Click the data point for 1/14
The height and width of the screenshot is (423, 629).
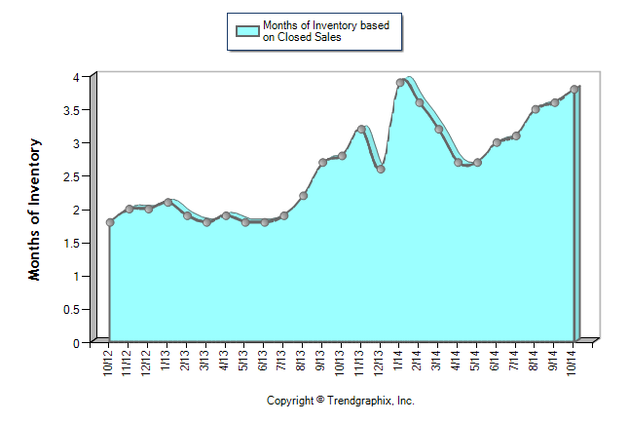400,83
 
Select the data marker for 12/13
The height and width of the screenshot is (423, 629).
381,170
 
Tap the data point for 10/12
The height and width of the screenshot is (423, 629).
110,222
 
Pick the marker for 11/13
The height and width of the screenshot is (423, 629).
361,129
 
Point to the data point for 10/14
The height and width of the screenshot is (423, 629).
574,90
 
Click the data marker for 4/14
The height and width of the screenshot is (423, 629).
459,163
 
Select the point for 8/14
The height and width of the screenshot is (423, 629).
536,109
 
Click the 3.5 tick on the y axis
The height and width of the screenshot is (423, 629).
75,110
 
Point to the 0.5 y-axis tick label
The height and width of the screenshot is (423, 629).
75,310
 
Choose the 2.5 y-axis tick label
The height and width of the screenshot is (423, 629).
75,176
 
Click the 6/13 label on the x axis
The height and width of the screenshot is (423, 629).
264,364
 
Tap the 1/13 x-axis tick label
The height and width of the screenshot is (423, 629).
167,364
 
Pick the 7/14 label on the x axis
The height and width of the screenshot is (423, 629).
515,364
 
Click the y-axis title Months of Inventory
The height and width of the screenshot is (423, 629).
35,210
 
